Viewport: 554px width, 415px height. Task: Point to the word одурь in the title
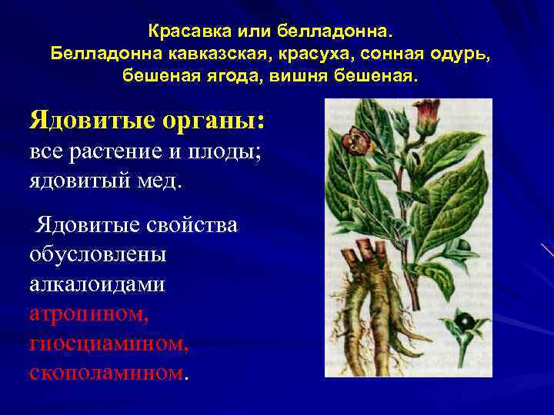(x=456, y=55)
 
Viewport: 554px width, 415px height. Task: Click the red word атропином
(x=88, y=314)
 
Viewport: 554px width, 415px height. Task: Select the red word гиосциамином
(x=108, y=344)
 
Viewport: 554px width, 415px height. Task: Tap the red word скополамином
(x=106, y=373)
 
